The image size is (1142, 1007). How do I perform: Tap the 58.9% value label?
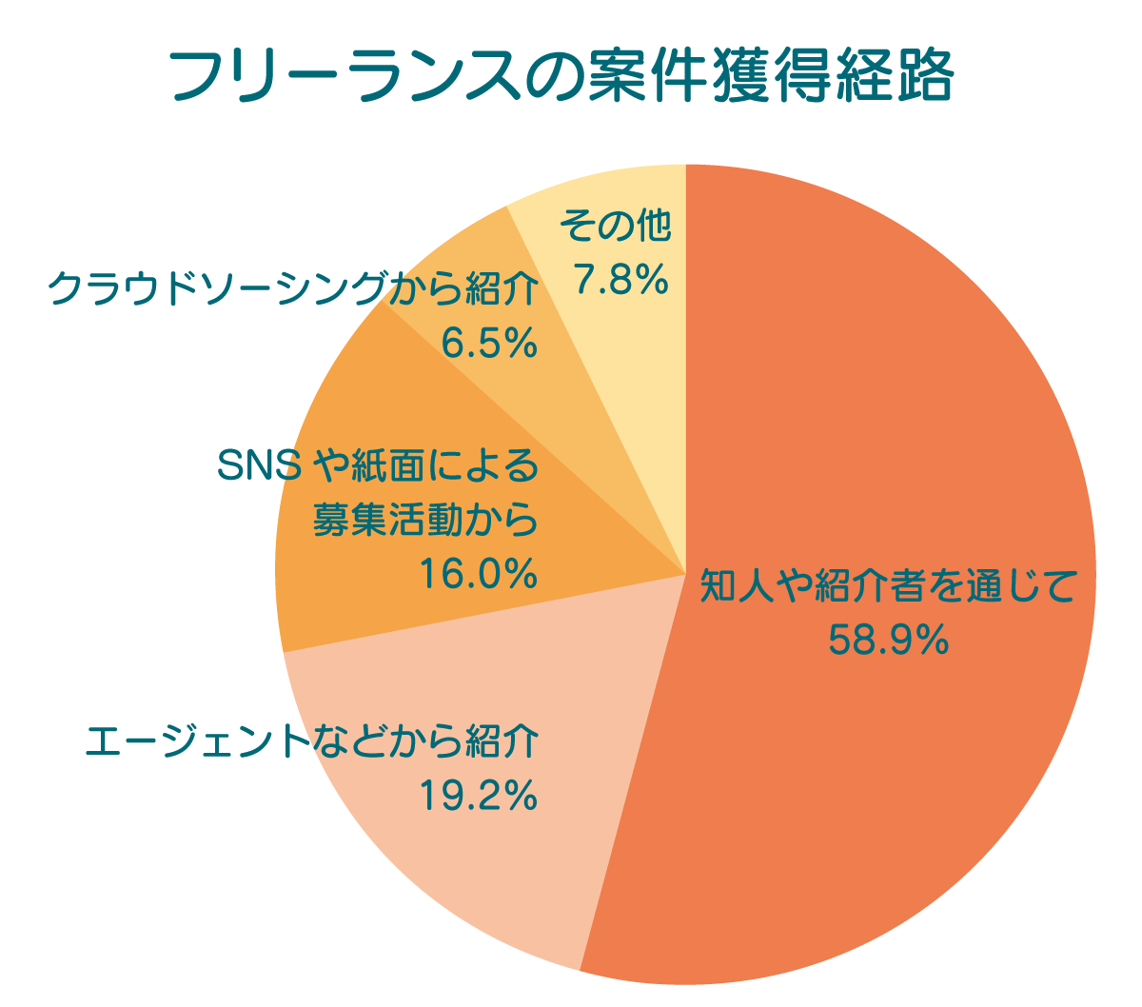tap(888, 640)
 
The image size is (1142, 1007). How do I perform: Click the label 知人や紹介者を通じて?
tap(888, 586)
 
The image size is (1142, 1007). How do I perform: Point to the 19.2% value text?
tap(478, 796)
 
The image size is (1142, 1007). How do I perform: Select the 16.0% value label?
tap(478, 574)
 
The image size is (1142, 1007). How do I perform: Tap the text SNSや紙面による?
tap(378, 466)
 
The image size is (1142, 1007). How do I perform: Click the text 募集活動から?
tap(425, 521)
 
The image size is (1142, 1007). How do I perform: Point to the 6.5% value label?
tap(490, 344)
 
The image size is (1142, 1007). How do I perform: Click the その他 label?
tap(616, 227)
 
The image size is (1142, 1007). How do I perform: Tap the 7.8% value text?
tap(619, 280)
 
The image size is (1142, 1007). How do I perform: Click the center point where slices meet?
tap(685, 575)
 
